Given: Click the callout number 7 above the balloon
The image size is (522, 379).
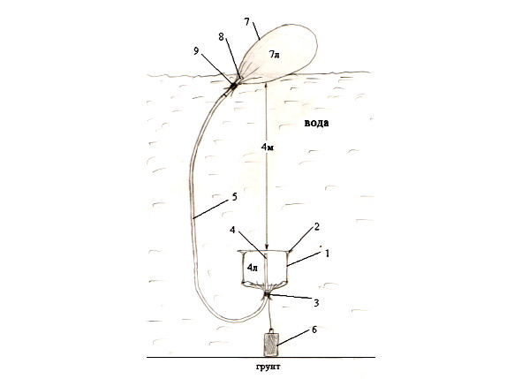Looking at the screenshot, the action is tap(247, 22).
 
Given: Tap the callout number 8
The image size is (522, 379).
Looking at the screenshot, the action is tap(222, 36).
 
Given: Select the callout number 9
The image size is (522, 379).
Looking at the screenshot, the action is tap(196, 50).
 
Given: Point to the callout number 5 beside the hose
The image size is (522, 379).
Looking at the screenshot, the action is tap(234, 197).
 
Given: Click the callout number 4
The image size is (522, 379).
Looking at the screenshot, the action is tap(232, 230).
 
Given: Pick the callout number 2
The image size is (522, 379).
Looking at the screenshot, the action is tap(316, 226).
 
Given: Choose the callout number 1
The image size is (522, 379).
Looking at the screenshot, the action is tap(327, 254).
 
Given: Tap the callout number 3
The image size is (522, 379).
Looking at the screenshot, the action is tap(316, 303).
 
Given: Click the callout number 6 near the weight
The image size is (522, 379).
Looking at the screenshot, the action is tap(314, 330).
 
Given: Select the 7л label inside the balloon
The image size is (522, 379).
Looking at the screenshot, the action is tap(274, 55).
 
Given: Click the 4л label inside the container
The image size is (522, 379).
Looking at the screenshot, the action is tap(253, 267).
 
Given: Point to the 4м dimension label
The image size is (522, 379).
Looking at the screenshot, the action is tap(268, 147).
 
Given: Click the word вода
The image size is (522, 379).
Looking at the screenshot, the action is tap(316, 123).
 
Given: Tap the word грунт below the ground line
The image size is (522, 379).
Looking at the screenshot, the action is tap(268, 367).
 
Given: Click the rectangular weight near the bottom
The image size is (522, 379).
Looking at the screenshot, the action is tap(271, 344).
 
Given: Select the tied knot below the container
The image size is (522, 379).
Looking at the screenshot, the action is tap(267, 295).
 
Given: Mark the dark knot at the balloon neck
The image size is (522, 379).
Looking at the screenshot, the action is tap(233, 86).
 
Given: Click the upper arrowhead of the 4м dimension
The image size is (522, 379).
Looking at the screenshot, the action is tap(265, 87).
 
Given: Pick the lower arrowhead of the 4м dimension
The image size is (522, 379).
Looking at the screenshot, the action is tap(267, 246).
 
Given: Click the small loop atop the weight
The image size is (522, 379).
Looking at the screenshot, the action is tap(271, 330).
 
